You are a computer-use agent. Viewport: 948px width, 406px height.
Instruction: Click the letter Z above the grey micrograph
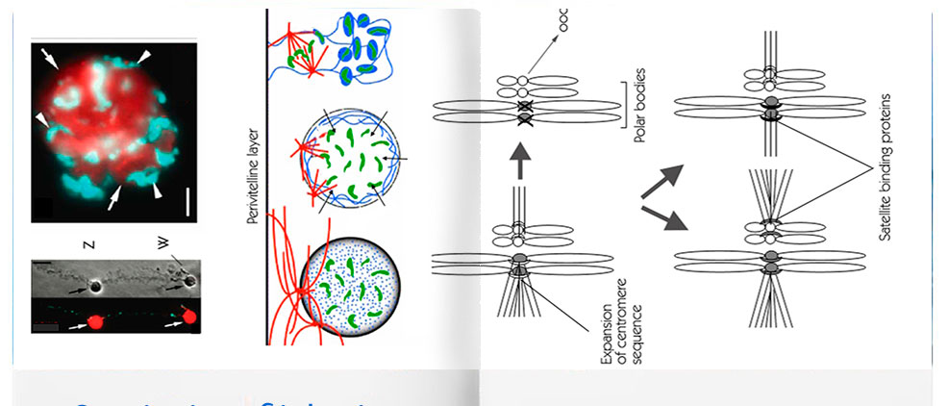tap(89, 244)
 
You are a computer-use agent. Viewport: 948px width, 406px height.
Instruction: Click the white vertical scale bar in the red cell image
tap(188, 203)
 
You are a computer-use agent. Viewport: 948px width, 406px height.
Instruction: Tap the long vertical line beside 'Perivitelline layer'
tap(264, 173)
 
